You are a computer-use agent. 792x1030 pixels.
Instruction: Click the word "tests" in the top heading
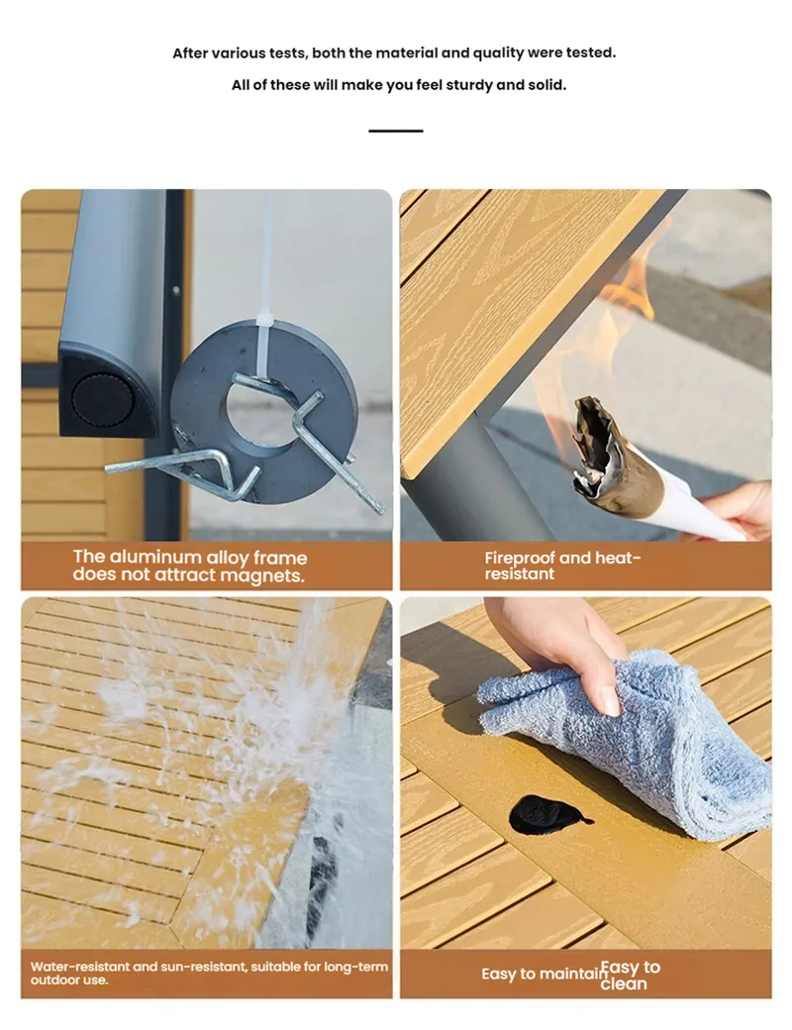tap(287, 53)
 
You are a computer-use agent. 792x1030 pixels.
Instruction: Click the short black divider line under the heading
tap(395, 131)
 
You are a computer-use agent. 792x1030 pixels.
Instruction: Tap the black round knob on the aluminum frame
tap(101, 399)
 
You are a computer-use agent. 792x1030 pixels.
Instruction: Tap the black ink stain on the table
tap(546, 814)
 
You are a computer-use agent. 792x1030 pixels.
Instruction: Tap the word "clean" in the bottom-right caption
tap(624, 983)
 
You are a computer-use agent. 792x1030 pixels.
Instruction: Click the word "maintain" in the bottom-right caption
tap(575, 974)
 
